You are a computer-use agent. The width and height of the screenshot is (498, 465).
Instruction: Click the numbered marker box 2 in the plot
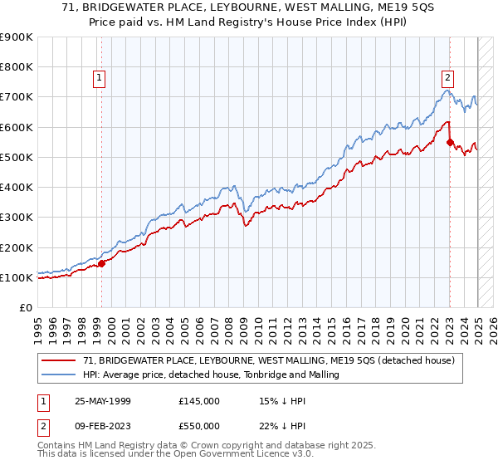(447, 78)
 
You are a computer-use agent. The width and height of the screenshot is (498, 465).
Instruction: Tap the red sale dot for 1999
(101, 264)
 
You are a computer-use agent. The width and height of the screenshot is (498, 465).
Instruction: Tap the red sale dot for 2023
(450, 142)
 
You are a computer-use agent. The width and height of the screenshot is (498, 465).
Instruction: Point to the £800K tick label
(17, 67)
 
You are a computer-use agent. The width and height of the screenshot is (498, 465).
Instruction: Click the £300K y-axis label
(17, 218)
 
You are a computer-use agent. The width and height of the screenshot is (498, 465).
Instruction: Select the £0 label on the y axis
(26, 308)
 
